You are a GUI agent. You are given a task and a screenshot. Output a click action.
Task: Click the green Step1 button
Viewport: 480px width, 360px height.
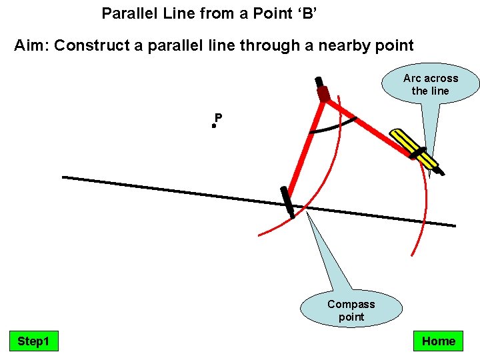(33, 341)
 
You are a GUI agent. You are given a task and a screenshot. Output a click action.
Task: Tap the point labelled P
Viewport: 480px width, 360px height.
(214, 125)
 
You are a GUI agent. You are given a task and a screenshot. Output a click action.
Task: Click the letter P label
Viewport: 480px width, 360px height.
(219, 118)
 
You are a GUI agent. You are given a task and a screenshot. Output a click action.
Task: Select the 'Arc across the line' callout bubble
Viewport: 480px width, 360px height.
(431, 85)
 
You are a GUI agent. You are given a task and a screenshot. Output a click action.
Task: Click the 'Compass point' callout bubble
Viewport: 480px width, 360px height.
(351, 310)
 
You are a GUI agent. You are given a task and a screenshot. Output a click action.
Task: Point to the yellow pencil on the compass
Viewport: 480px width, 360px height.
(415, 150)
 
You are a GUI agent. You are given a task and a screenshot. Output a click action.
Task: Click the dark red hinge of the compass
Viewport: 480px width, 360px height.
(324, 94)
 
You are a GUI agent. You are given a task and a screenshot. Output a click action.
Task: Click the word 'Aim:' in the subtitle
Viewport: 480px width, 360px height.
(31, 46)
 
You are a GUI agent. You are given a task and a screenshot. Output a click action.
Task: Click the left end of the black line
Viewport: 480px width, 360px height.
(64, 177)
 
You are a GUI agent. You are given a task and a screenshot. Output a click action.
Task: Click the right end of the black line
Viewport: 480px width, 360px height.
(454, 225)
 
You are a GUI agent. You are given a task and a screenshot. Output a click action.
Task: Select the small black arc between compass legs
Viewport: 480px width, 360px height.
(333, 127)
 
